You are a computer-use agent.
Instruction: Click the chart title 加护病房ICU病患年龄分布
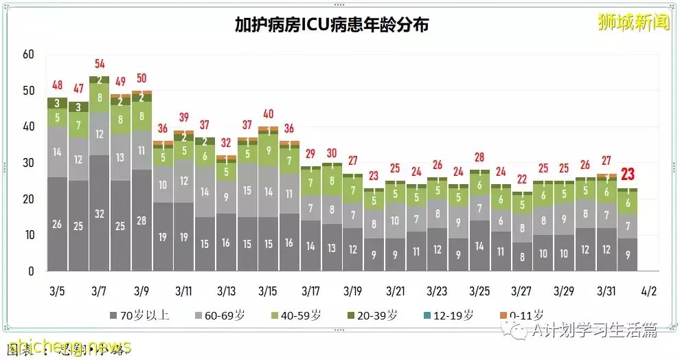pyautogui.click(x=332, y=25)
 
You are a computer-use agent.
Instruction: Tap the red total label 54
pyautogui.click(x=100, y=64)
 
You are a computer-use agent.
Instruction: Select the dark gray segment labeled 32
pyautogui.click(x=100, y=213)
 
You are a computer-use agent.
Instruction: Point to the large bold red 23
pyautogui.click(x=627, y=175)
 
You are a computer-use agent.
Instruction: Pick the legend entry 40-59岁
pyautogui.click(x=297, y=316)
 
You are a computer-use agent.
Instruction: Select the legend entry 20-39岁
pyautogui.click(x=374, y=316)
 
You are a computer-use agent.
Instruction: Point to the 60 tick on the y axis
pyautogui.click(x=28, y=54)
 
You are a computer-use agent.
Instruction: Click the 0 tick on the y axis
pyautogui.click(x=31, y=271)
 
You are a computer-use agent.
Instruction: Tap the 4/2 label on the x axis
pyautogui.click(x=648, y=291)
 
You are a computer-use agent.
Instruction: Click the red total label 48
pyautogui.click(x=57, y=86)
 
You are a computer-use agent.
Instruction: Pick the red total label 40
pyautogui.click(x=269, y=114)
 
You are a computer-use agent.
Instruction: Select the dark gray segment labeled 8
pyautogui.click(x=522, y=257)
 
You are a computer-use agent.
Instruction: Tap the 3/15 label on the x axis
pyautogui.click(x=267, y=291)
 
